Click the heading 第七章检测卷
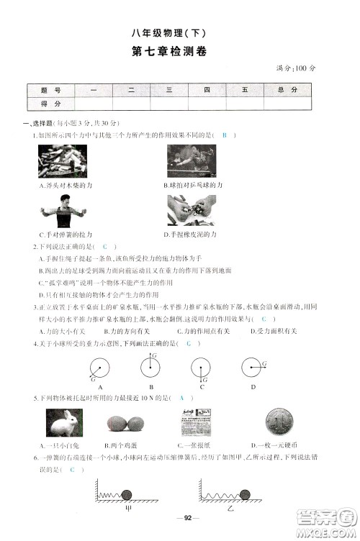(x=180, y=52)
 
